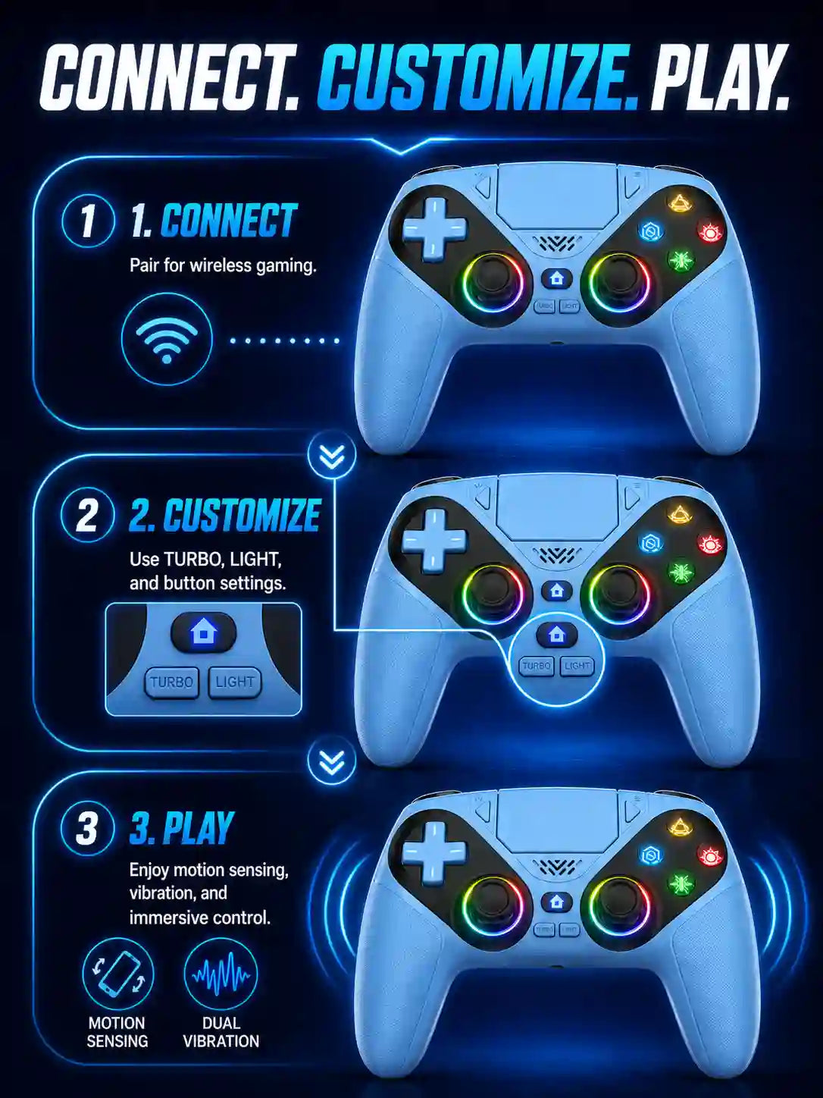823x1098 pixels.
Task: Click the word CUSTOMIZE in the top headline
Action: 477,79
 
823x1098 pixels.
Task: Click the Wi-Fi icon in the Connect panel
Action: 167,339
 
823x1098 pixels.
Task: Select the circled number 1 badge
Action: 88,220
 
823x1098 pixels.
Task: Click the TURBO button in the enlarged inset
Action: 171,682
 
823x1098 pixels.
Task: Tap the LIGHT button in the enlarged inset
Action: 235,682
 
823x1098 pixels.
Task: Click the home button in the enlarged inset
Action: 203,632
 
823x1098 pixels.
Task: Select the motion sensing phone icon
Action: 118,974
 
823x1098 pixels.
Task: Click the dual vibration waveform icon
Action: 221,974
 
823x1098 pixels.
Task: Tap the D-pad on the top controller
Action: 435,229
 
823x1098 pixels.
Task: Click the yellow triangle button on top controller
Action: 678,202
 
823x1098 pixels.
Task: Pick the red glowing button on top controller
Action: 709,231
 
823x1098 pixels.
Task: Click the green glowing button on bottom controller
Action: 680,884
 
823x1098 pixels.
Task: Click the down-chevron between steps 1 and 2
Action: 332,456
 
